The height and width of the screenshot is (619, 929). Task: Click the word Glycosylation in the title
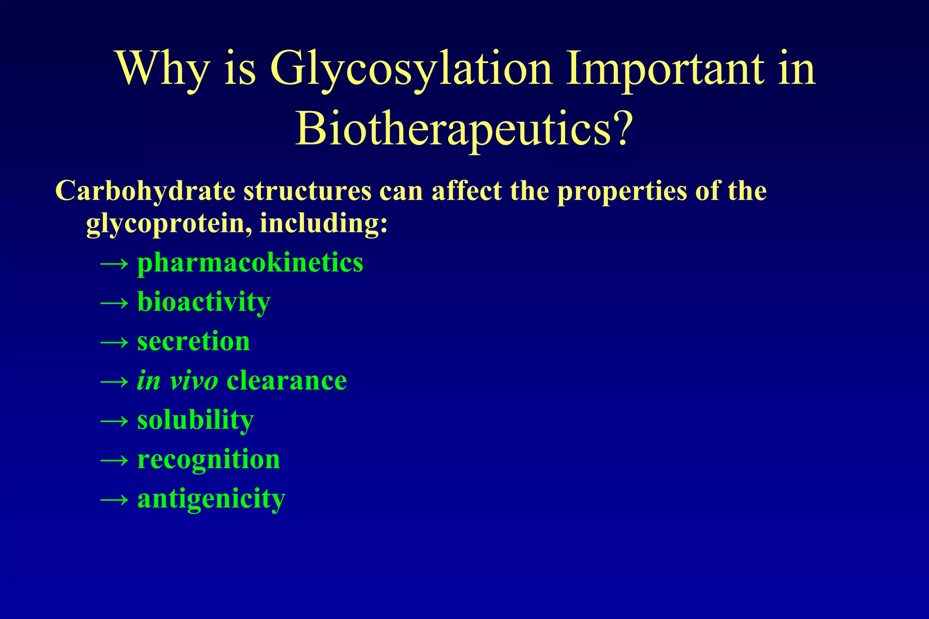(411, 69)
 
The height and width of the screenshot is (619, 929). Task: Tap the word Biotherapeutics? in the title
(464, 129)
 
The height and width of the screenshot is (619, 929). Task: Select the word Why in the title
(163, 69)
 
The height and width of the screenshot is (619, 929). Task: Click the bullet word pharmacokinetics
(250, 263)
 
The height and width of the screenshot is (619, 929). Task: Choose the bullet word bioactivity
(204, 302)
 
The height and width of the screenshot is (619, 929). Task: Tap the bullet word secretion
(193, 341)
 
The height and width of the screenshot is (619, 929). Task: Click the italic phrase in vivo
(177, 381)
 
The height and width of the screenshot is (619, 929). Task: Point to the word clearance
(287, 381)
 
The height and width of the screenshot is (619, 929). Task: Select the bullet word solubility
(195, 421)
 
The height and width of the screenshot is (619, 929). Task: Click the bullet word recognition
(209, 459)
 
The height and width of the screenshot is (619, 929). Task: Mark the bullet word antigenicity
(211, 499)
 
